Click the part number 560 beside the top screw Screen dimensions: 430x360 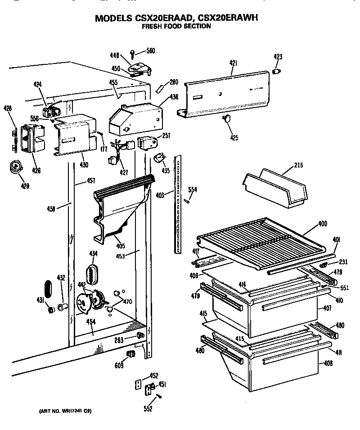pyautogui.click(x=151, y=50)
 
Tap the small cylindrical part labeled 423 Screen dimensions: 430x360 pyautogui.click(x=277, y=71)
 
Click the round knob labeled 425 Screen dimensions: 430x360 pyautogui.click(x=227, y=118)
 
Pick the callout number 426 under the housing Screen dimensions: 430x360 pyautogui.click(x=36, y=171)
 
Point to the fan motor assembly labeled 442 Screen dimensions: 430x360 pyautogui.click(x=90, y=301)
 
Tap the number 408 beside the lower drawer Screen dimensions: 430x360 pyautogui.click(x=328, y=363)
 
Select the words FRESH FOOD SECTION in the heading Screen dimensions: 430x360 pyautogui.click(x=176, y=27)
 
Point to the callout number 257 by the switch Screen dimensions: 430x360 pyautogui.click(x=166, y=135)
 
